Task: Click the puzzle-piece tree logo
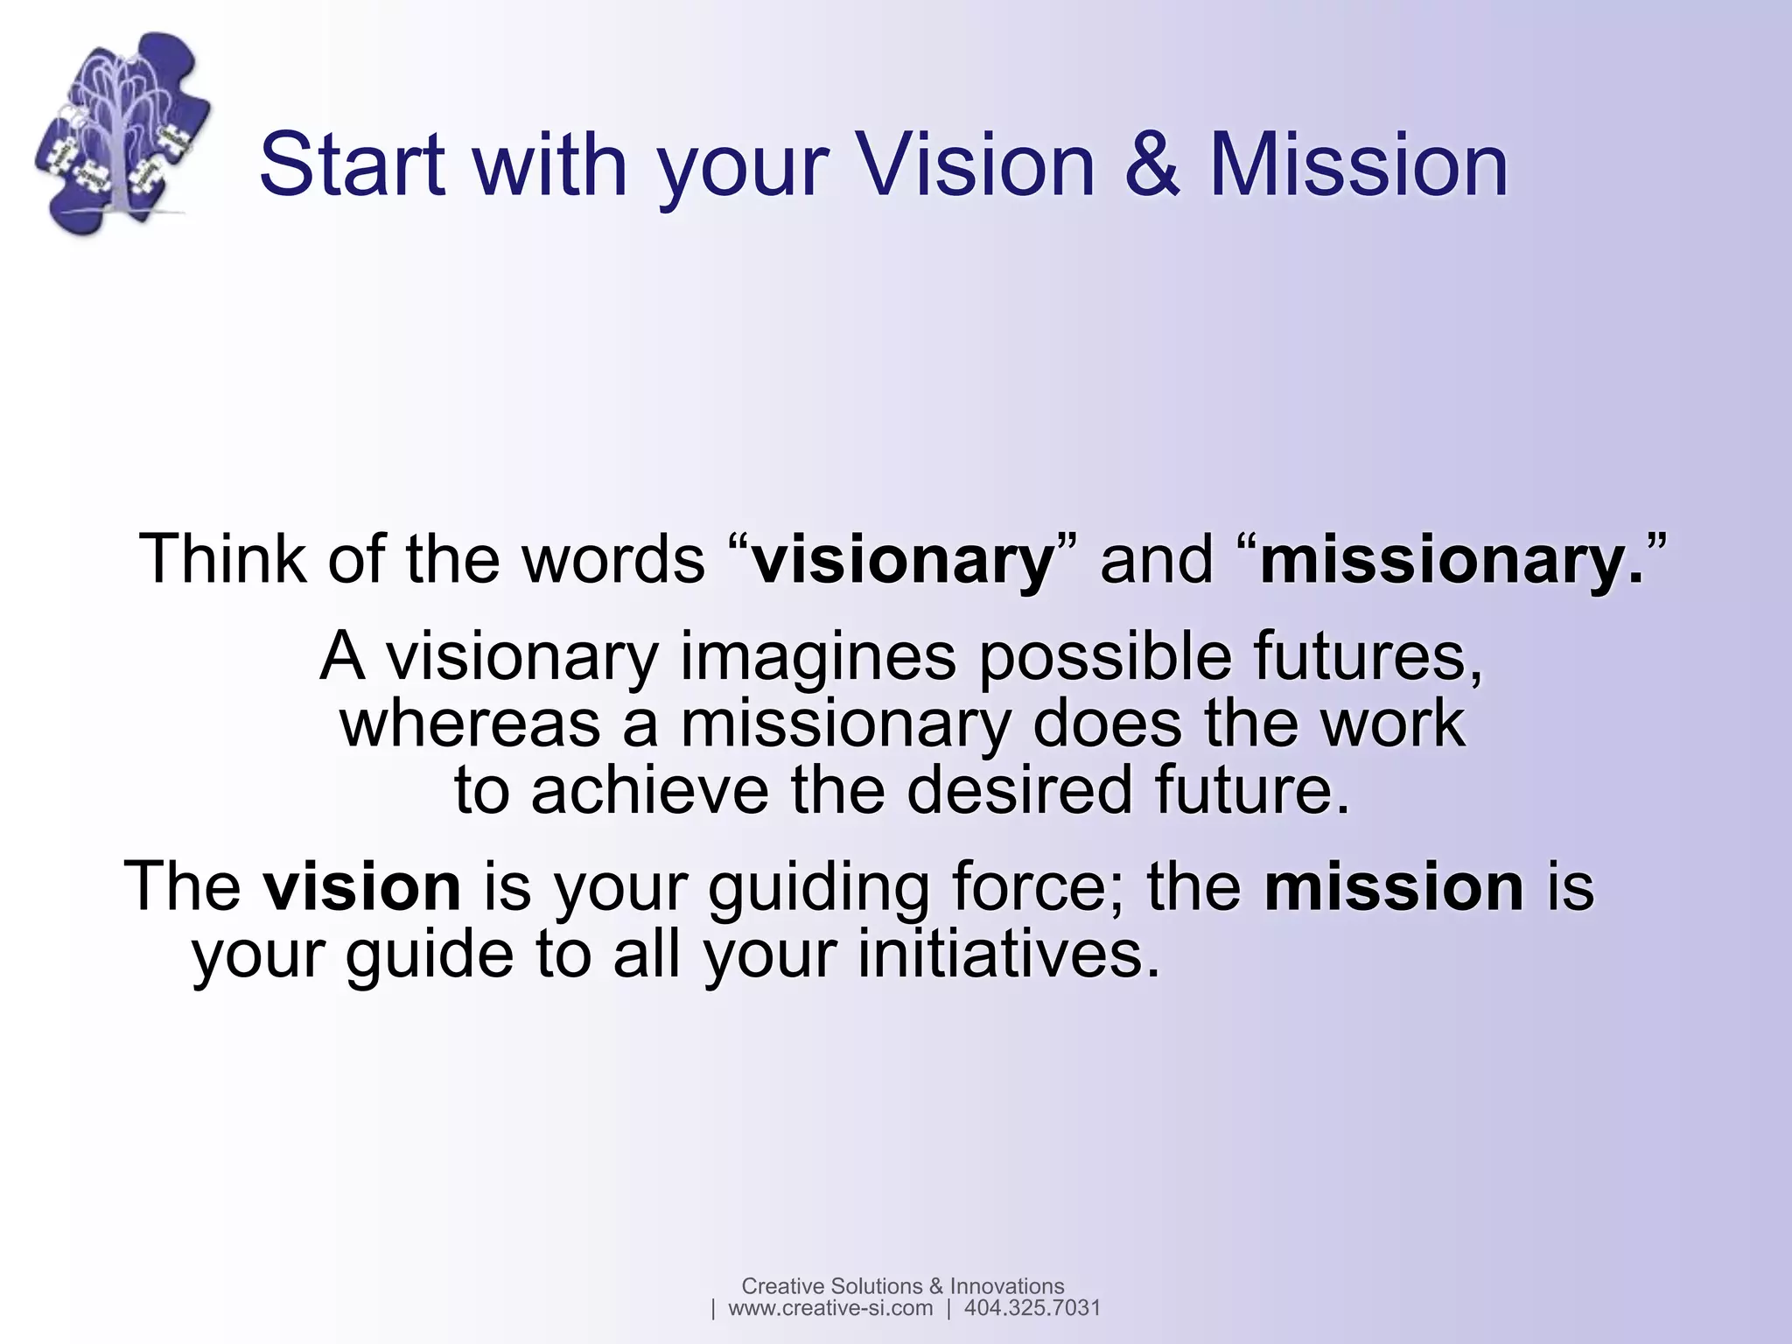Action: pos(122,133)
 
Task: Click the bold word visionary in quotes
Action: pos(903,560)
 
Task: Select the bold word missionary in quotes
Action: pos(1442,560)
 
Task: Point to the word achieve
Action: pos(649,790)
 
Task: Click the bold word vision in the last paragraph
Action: pos(362,886)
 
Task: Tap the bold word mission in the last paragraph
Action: pos(1394,886)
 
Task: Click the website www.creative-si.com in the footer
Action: pos(829,1308)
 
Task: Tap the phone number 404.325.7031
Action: pos(1032,1308)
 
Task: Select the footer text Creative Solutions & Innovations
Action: pos(902,1285)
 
